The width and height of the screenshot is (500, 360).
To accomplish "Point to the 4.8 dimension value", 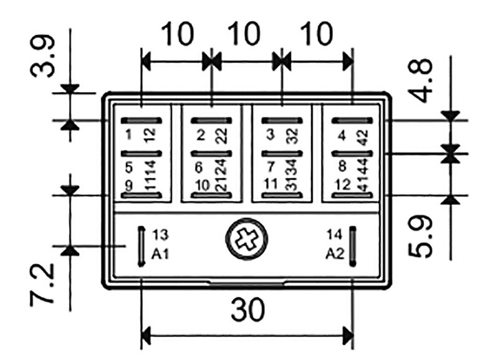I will click(421, 80).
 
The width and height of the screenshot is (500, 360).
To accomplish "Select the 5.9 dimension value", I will click(421, 238).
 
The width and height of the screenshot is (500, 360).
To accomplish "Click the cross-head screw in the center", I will click(247, 240).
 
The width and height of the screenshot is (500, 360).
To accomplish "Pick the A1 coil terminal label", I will click(160, 254).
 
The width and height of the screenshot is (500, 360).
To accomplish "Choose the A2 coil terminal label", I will click(335, 254).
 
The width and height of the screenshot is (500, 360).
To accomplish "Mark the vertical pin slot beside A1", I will click(142, 246).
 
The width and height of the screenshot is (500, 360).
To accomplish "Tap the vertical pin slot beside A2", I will click(352, 246).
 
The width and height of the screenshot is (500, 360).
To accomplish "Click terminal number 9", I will click(128, 186).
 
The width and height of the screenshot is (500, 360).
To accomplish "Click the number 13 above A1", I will click(160, 235).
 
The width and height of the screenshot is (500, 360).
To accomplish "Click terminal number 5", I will click(129, 167).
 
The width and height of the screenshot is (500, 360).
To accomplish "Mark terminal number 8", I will click(342, 167).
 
